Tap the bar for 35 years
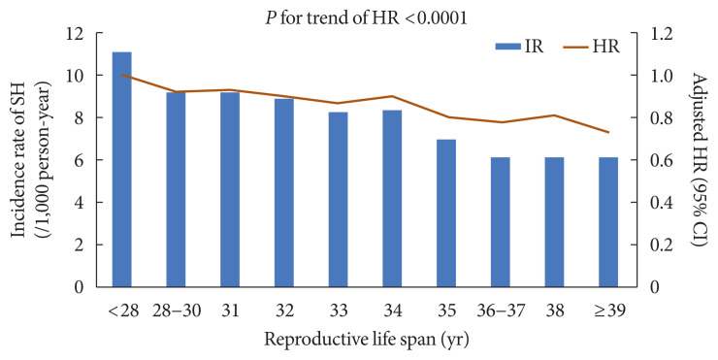[x=445, y=213]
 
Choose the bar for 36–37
[x=500, y=222]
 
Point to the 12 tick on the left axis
[x=75, y=33]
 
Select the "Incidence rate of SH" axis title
[x=19, y=160]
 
